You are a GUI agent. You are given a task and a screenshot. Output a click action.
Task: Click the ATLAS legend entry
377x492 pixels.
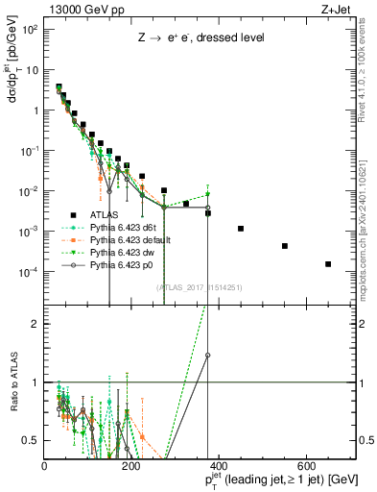(105, 215)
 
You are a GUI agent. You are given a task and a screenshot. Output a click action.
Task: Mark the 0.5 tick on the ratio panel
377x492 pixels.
(31, 440)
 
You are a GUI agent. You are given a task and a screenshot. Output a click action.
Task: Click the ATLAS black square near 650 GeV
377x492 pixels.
(328, 264)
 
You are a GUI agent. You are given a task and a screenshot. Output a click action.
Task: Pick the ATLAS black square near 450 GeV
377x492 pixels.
(241, 229)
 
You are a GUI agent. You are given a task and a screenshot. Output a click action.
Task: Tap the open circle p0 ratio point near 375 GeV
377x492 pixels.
(208, 355)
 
